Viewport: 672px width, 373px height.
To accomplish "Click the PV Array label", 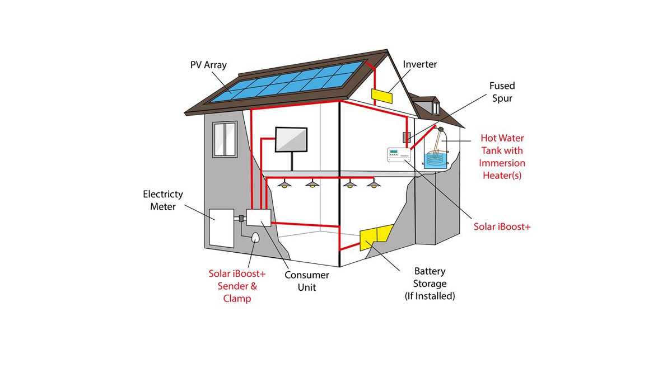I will click(x=208, y=65).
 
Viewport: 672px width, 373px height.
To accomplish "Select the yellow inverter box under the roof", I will click(x=381, y=96).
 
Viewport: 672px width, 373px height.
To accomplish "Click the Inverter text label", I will click(x=419, y=64).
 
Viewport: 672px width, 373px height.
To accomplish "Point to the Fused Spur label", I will click(x=502, y=92).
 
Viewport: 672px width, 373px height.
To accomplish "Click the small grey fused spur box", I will click(x=407, y=137).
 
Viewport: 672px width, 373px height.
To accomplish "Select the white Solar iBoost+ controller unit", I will click(x=399, y=155).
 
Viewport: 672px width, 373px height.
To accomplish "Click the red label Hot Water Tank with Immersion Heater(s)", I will click(x=502, y=157).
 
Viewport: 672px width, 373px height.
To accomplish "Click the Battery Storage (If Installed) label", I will click(x=430, y=284).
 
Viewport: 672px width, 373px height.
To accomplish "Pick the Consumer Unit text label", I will click(x=306, y=281).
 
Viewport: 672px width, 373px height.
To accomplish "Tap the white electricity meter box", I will click(x=222, y=228).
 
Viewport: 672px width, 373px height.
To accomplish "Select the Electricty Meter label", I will click(x=163, y=200).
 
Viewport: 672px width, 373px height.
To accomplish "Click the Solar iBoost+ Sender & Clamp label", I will click(x=237, y=286).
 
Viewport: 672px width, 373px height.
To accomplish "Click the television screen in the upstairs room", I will click(x=291, y=139).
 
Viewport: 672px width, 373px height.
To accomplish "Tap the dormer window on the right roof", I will click(x=435, y=106).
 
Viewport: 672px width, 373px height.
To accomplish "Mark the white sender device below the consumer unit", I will click(x=256, y=238).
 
